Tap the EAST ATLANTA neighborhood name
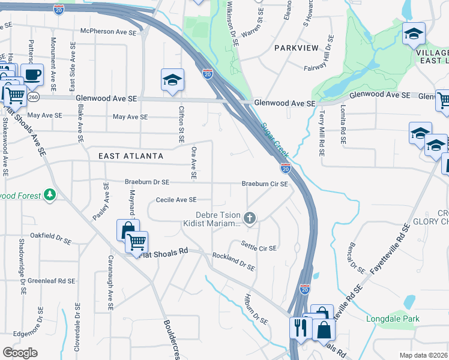pyautogui.click(x=131, y=156)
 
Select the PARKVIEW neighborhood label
pyautogui.click(x=295, y=47)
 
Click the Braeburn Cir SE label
pyautogui.click(x=265, y=184)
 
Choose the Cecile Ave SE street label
pyautogui.click(x=176, y=200)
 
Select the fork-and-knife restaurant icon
pyautogui.click(x=300, y=327)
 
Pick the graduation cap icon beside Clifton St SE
pyautogui.click(x=172, y=80)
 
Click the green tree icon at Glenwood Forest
pyautogui.click(x=50, y=195)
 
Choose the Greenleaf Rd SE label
pyautogui.click(x=51, y=280)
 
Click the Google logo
pyautogui.click(x=20, y=353)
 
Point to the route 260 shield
pyautogui.click(x=34, y=97)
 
